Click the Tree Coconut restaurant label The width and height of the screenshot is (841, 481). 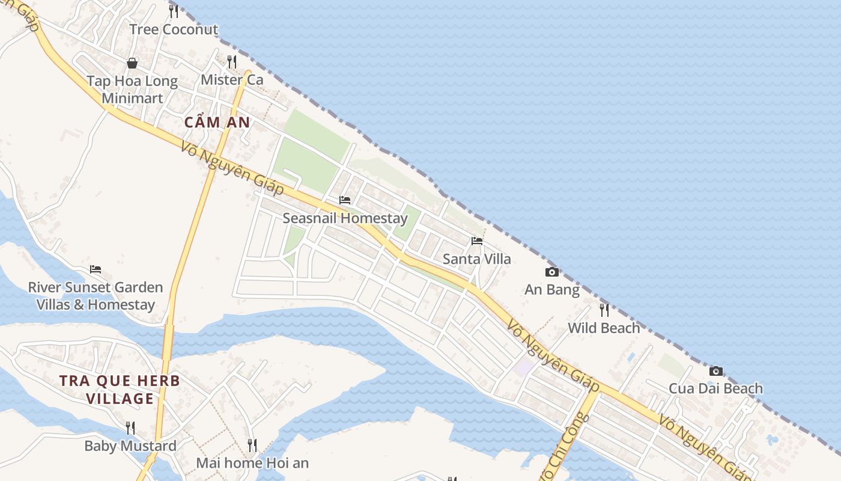point(174,29)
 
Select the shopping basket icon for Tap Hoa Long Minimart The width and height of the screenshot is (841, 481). point(132,63)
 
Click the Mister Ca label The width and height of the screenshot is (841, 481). point(232,79)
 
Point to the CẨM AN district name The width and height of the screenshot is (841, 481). point(217,123)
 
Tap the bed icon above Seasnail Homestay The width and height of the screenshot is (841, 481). point(345,200)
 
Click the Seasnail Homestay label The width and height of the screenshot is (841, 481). point(345,218)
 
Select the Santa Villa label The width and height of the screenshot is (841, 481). point(476,259)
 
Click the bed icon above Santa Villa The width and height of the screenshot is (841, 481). point(477,241)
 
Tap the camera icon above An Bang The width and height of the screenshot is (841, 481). point(552,272)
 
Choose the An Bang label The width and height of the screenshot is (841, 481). point(552,290)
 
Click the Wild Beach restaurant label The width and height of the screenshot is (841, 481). point(604,328)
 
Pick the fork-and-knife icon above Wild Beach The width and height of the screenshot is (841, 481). point(604,310)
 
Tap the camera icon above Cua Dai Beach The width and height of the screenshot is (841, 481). point(715,371)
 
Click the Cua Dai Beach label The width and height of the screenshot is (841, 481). point(715,388)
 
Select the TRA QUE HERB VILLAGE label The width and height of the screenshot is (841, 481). point(120,390)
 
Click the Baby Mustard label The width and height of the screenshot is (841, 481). point(130,446)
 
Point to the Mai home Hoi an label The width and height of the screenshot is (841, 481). point(252,463)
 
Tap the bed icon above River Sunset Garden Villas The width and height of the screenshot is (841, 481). point(96,269)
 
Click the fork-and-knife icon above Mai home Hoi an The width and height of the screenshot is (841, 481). point(252,446)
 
